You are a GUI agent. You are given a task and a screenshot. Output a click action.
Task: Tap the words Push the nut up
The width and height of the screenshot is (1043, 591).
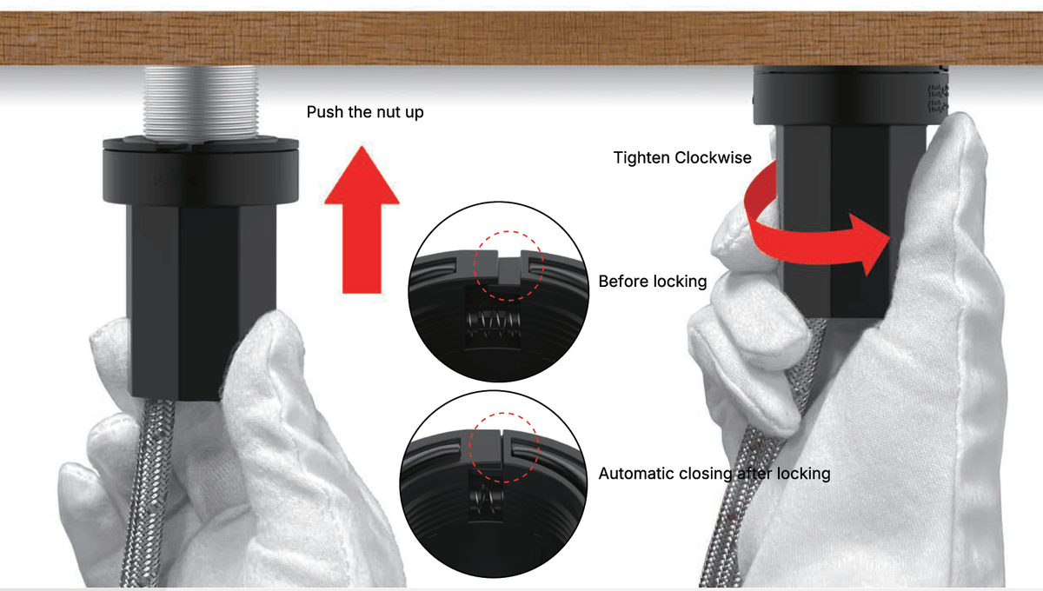(365, 112)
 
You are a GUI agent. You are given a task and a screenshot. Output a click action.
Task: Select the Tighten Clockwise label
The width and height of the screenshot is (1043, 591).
(682, 157)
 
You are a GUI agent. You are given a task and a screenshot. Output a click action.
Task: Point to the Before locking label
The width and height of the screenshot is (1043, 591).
(653, 282)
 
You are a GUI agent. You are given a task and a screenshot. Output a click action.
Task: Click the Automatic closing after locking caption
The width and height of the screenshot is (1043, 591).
(714, 474)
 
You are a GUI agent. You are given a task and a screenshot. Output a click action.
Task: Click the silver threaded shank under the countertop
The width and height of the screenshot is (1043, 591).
(201, 103)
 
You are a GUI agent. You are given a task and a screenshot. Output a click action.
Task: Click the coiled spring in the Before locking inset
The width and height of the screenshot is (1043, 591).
(493, 322)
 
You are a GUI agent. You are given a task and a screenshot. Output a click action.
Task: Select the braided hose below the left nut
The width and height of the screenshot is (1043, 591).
(148, 494)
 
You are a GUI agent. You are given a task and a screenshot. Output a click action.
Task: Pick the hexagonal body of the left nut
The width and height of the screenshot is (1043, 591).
(201, 302)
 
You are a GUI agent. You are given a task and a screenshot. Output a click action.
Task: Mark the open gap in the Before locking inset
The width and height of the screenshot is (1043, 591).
(509, 257)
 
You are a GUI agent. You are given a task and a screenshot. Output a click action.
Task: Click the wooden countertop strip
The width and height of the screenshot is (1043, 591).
(521, 38)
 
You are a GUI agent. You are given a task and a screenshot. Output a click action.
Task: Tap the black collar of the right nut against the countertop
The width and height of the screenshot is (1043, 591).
(850, 95)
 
